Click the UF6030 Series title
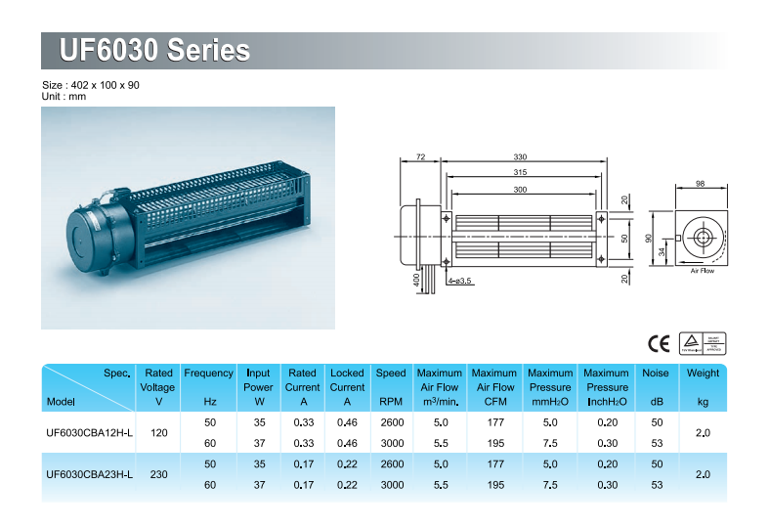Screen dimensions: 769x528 pos(154,50)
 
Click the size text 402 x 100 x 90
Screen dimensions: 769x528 pos(105,85)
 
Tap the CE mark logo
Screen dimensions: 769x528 pos(659,344)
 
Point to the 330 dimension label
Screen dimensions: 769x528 pos(520,157)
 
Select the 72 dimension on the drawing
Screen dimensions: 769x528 pos(420,157)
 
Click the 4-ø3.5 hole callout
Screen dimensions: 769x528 pos(459,282)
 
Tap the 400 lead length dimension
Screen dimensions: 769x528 pos(416,281)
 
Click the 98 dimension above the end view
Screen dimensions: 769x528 pos(700,184)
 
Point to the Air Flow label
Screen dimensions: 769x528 pos(703,271)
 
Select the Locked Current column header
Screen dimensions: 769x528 pos(347,387)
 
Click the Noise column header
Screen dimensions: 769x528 pos(656,387)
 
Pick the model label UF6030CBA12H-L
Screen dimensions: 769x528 pos(89,433)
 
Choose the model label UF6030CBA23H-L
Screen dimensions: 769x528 pos(89,474)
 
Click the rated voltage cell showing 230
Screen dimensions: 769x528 pos(159,474)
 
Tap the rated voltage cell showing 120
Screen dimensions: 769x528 pos(159,433)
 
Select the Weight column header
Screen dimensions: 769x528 pos(703,387)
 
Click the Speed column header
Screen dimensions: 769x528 pos(391,387)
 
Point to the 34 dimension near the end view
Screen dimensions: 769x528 pos(662,251)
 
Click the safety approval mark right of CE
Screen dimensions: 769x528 pos(703,343)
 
